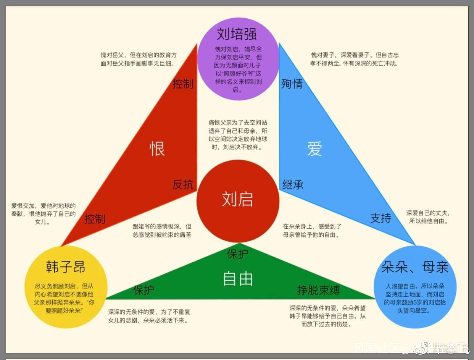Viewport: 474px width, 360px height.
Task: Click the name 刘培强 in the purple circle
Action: [x=237, y=34]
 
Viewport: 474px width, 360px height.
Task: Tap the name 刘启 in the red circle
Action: [x=237, y=200]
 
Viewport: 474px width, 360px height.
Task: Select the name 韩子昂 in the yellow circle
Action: [x=65, y=266]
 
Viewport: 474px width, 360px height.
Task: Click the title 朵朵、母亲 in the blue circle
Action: [x=414, y=267]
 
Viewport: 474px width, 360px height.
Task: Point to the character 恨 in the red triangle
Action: [x=157, y=149]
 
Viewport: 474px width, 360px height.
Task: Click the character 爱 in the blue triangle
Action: [x=314, y=149]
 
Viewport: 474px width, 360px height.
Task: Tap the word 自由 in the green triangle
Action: [x=238, y=279]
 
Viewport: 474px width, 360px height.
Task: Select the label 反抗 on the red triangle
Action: [x=183, y=185]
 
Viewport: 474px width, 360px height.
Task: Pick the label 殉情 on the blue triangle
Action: [x=292, y=84]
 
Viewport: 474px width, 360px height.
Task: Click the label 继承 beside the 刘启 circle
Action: [x=293, y=185]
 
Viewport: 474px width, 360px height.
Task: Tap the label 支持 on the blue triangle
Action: [x=380, y=218]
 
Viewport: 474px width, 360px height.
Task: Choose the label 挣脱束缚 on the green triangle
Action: [x=318, y=291]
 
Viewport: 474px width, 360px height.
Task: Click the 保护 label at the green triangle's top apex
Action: [x=238, y=254]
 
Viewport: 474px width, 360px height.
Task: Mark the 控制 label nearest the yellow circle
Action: [x=95, y=219]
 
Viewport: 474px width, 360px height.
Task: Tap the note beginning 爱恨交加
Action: [x=43, y=213]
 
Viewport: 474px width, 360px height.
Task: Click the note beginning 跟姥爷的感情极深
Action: [x=162, y=231]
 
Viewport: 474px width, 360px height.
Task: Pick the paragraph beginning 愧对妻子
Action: [x=355, y=59]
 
